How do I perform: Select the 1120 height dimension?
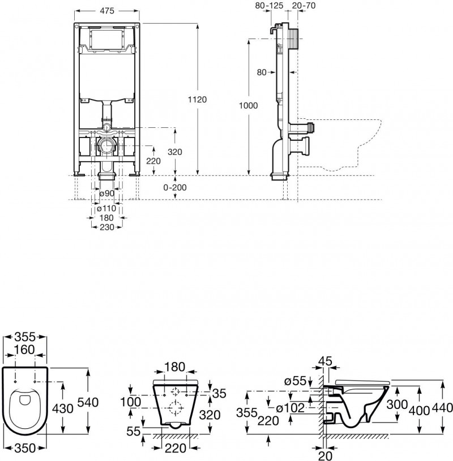coord(198,99)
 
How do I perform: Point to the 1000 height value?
coord(249,106)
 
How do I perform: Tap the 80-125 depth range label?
coord(268,5)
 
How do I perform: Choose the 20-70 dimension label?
coord(304,5)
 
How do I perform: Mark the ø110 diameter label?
coord(106,208)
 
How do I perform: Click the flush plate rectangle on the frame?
coord(106,40)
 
